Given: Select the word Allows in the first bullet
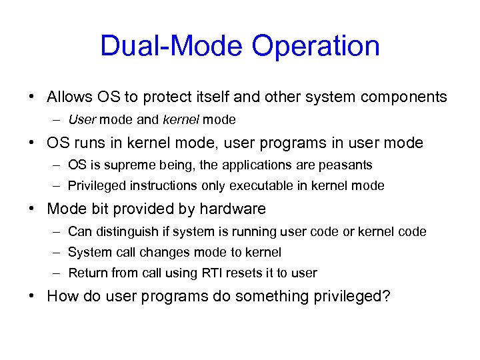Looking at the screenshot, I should [69, 97].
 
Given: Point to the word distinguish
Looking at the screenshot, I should [127, 231].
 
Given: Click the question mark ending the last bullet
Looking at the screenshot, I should [386, 296].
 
